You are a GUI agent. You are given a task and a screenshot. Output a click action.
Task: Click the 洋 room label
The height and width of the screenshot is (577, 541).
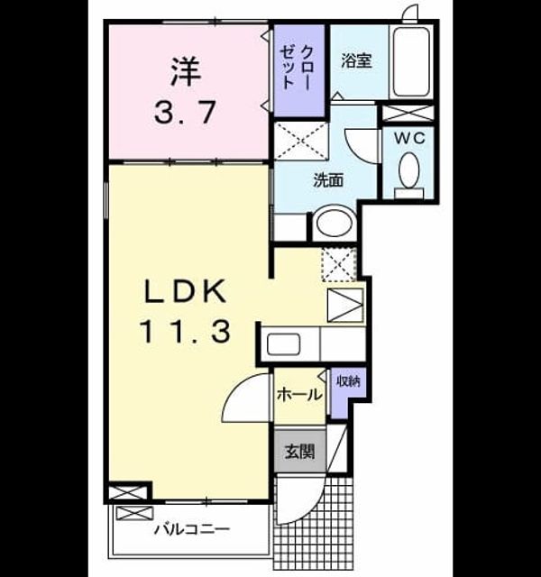186,72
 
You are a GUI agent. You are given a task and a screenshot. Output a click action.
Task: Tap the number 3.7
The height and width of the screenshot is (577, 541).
185,112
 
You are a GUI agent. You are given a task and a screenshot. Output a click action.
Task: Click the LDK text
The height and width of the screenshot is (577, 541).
185,291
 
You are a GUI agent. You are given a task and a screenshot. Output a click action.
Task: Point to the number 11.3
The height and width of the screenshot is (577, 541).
185,331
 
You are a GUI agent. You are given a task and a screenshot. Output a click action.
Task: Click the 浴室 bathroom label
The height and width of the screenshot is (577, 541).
356,60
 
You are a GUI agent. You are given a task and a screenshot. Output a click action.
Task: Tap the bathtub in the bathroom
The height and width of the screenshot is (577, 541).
411,62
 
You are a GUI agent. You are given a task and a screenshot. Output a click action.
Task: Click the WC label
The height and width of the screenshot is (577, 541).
410,138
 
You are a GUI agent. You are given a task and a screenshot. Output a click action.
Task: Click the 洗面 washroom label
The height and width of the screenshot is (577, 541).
328,180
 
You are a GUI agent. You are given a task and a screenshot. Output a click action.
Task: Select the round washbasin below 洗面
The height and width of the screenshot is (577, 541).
335,223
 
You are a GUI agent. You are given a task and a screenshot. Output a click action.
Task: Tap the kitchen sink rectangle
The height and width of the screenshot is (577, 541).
283,344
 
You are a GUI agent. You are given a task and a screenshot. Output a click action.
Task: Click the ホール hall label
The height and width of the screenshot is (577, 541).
299,395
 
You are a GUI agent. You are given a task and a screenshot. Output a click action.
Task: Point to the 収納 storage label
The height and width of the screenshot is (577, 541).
349,381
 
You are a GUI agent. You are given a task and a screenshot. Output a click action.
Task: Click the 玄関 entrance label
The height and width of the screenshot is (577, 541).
300,451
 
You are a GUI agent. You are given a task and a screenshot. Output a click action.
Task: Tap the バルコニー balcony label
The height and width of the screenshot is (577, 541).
192,530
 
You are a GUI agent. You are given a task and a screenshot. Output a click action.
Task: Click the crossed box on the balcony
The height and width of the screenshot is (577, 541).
134,513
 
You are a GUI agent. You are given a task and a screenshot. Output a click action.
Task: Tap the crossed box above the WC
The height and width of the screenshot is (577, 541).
408,113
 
